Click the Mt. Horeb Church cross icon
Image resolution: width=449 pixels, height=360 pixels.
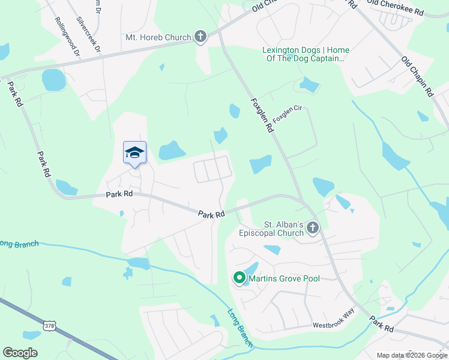pyautogui.click(x=200, y=37)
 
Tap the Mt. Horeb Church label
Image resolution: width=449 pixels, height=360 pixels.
pyautogui.click(x=158, y=37)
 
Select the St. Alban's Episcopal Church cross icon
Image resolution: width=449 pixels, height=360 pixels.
pyautogui.click(x=312, y=227)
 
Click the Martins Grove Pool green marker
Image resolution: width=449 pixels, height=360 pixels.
pyautogui.click(x=239, y=278)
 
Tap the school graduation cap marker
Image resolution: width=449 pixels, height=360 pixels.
pyautogui.click(x=134, y=153)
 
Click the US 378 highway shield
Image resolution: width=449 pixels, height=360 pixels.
pyautogui.click(x=49, y=325)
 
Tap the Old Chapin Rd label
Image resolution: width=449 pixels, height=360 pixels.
pyautogui.click(x=417, y=76)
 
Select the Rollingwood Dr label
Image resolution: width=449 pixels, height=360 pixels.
pyautogui.click(x=67, y=37)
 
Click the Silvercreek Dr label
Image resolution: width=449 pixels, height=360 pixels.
pyautogui.click(x=87, y=35)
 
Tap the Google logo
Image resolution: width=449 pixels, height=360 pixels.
pyautogui.click(x=20, y=352)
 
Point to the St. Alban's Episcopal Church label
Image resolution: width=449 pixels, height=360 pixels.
pyautogui.click(x=271, y=228)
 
